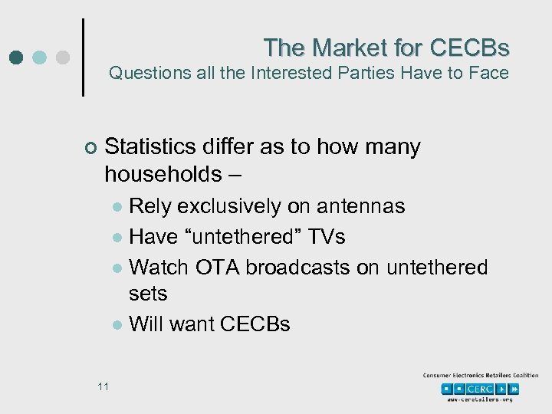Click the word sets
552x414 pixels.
148,294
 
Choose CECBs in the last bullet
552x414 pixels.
255,324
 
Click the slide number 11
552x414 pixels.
103,386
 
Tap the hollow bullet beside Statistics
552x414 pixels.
90,148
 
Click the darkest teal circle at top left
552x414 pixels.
17,57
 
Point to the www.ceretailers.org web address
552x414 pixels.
480,400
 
